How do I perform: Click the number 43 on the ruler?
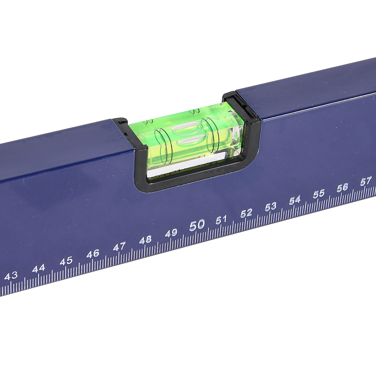[11, 276]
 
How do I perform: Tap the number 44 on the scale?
[39, 268]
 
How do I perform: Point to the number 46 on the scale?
[93, 254]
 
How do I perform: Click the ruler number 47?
[119, 247]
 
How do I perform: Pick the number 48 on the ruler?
[146, 240]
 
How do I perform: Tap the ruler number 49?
[171, 233]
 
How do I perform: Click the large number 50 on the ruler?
[197, 225]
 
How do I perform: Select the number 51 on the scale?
[222, 220]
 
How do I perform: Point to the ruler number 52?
[246, 213]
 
